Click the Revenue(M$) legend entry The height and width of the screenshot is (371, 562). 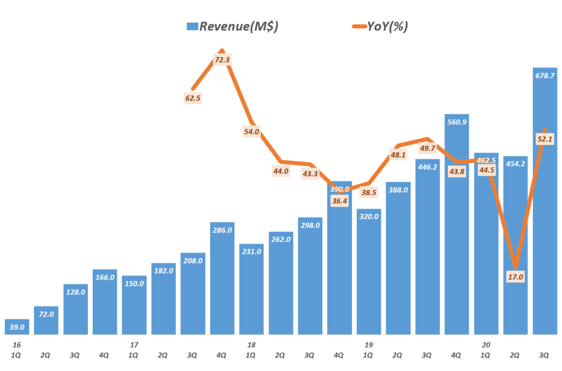point(232,26)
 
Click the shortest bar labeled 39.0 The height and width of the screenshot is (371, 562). point(17,327)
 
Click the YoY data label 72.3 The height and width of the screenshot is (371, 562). point(222,60)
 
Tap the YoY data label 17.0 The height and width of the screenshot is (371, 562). point(514,276)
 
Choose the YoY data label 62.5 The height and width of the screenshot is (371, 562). point(193,99)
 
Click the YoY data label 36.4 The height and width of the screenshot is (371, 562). point(339,201)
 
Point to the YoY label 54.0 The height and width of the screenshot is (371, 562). point(251,132)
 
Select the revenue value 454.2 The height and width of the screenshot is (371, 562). point(515,163)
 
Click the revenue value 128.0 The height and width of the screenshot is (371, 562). point(76,292)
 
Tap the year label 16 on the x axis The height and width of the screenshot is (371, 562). point(16,345)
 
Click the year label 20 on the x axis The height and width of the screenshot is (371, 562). point(486,345)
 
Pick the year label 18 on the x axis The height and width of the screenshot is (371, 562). point(251,345)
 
